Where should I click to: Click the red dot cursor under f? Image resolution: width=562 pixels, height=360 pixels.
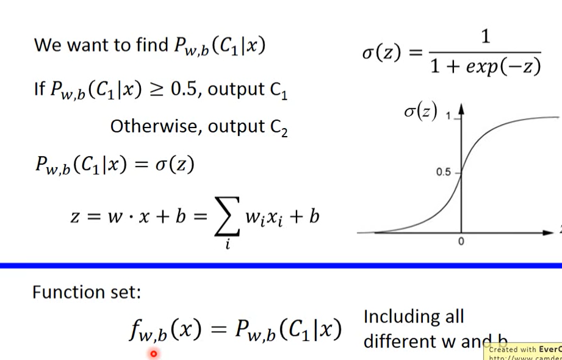153,353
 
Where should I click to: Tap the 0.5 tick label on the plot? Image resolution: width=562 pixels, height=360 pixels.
444,173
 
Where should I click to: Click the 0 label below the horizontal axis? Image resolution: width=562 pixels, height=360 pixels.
461,242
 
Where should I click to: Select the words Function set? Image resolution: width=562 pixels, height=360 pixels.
86,292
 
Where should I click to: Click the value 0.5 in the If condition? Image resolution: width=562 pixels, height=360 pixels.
184,90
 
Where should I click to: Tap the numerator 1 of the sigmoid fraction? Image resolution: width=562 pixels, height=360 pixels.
485,37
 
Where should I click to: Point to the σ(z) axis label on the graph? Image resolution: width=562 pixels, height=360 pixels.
420,112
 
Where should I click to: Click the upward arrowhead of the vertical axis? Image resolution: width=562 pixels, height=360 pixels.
461,108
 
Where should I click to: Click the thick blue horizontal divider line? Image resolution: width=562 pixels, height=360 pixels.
281,265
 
